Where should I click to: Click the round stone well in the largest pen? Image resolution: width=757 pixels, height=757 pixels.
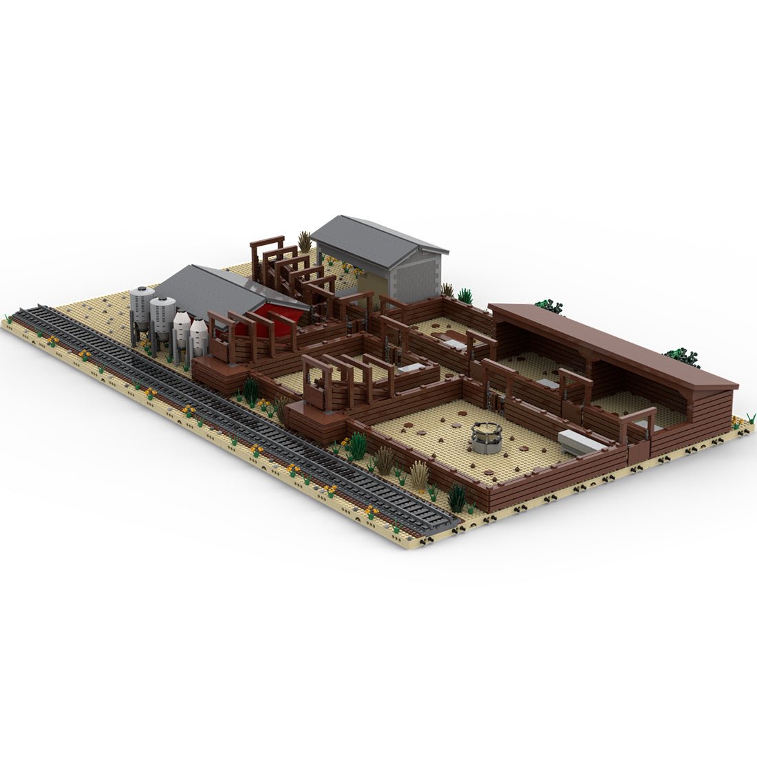pyautogui.click(x=487, y=438)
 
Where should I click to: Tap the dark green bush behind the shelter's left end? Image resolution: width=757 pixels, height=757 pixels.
pyautogui.click(x=548, y=306)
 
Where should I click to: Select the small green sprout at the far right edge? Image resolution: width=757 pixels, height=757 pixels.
pyautogui.click(x=751, y=417)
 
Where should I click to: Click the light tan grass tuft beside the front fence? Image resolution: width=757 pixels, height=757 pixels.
pyautogui.click(x=418, y=473)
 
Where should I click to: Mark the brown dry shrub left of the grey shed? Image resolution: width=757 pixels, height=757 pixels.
pyautogui.click(x=304, y=242)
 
